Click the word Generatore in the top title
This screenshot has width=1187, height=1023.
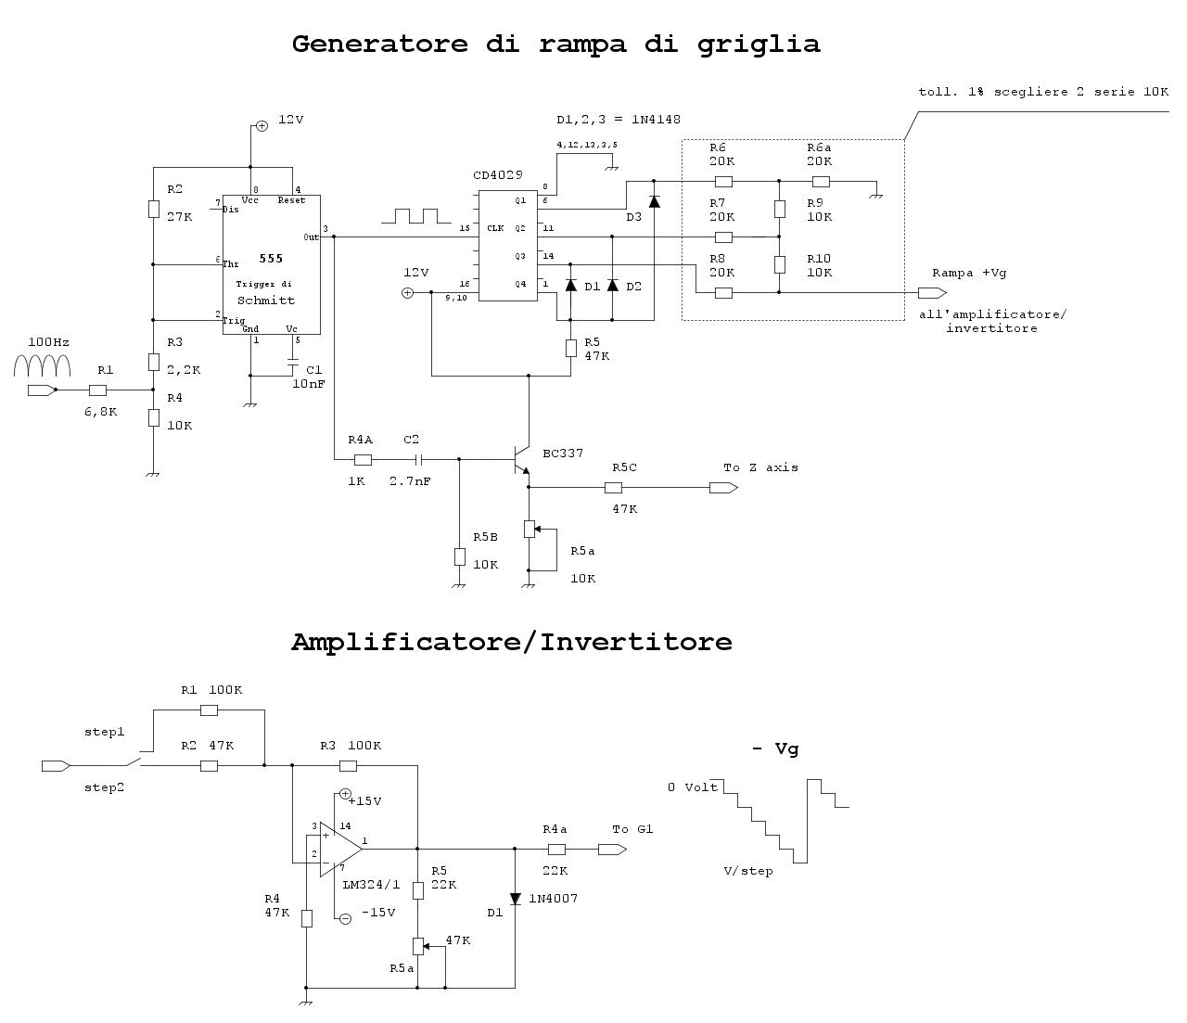point(379,44)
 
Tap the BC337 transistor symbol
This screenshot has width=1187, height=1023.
point(519,460)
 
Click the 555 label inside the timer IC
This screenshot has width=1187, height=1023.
point(271,259)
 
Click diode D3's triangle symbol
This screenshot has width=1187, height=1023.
point(655,200)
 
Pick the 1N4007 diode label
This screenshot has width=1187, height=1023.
point(554,899)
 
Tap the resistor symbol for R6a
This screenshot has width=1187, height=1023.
point(821,182)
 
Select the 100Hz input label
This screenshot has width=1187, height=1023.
point(48,342)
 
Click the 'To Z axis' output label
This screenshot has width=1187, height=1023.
point(760,467)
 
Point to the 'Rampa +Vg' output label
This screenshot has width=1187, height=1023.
point(969,273)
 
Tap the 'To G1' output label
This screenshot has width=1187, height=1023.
point(632,829)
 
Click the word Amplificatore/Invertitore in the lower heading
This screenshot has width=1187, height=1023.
point(511,642)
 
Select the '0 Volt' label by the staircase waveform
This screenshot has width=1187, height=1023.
point(693,787)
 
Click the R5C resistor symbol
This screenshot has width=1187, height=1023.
point(613,488)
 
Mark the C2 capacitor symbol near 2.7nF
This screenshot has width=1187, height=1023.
point(418,459)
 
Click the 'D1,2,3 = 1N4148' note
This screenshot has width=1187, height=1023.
point(619,120)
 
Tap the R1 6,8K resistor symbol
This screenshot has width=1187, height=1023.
point(97,390)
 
